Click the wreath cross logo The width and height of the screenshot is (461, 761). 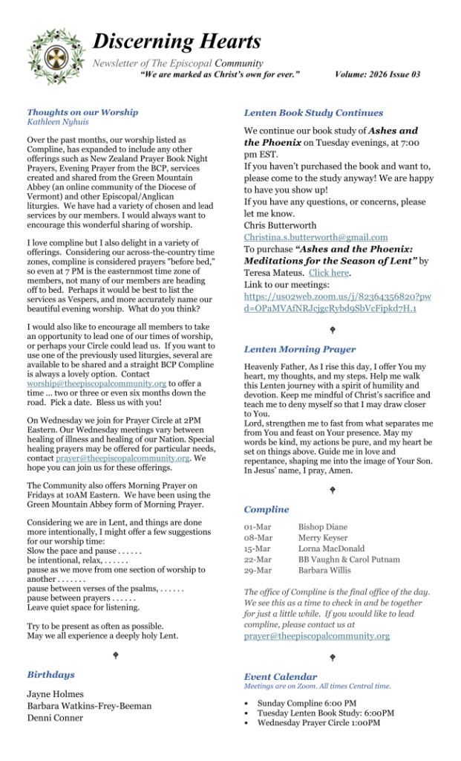pos(56,56)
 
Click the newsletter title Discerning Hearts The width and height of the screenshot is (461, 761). pos(177,42)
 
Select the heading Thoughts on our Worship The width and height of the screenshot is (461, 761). pos(82,112)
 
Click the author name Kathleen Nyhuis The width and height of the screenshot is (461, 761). pos(57,121)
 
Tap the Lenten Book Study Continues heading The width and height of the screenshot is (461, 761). pos(313,113)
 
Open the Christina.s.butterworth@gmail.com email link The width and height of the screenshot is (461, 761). pos(315,237)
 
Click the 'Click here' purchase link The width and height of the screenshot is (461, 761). pos(329,273)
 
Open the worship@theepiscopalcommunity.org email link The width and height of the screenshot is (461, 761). pos(97,383)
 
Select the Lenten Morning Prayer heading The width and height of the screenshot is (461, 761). pos(299,349)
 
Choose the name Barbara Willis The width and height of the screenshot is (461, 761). pos(326,570)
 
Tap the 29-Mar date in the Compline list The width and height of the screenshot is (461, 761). pos(258,570)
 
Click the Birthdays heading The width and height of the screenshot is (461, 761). pos(51,675)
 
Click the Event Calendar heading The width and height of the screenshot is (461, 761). pos(280,677)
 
